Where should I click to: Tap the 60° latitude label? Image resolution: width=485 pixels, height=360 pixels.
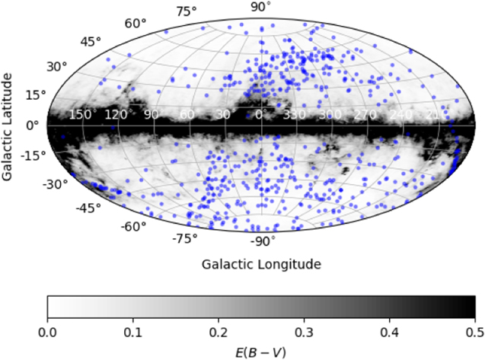coord(135,23)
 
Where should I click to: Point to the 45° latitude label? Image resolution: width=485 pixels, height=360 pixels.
coord(90,41)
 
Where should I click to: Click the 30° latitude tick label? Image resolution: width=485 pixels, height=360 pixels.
coord(57,66)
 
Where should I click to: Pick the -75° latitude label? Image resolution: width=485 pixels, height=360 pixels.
coord(184,238)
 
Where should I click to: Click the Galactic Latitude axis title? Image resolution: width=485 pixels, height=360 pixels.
coord(8,126)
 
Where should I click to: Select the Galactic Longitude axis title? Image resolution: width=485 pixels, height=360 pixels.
coord(261,265)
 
